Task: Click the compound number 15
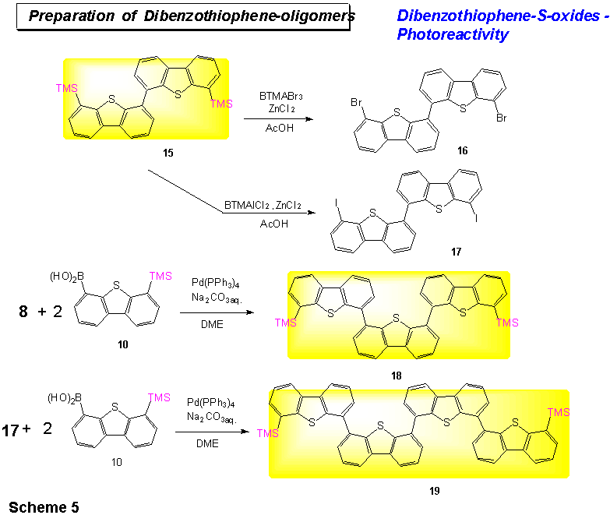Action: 168,153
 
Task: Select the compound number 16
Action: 462,150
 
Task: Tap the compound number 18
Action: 397,376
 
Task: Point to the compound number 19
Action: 435,491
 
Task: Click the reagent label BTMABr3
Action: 281,96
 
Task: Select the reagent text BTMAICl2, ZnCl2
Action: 263,205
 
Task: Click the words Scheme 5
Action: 44,507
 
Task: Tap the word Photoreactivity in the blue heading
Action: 453,34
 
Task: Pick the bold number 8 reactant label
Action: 23,311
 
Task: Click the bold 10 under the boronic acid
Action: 123,344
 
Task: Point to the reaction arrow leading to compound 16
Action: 279,118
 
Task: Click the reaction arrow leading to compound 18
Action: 217,312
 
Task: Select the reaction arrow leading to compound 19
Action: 212,432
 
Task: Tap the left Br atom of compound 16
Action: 356,102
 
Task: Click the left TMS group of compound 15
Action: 66,88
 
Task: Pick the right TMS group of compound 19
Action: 559,412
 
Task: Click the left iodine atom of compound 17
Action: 336,203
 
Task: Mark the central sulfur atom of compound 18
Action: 397,318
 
